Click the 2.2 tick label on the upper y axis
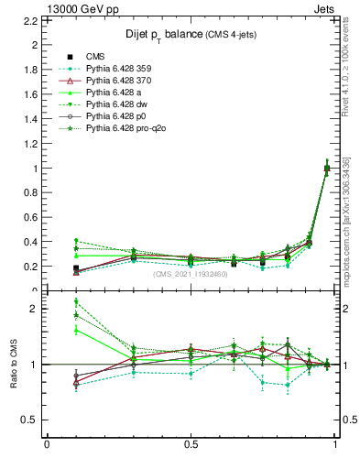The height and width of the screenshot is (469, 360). point(30,44)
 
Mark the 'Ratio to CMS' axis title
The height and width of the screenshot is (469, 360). point(13,364)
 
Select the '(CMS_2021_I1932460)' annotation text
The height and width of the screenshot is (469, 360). point(191,274)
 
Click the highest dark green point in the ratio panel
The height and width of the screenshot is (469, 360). point(76,302)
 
